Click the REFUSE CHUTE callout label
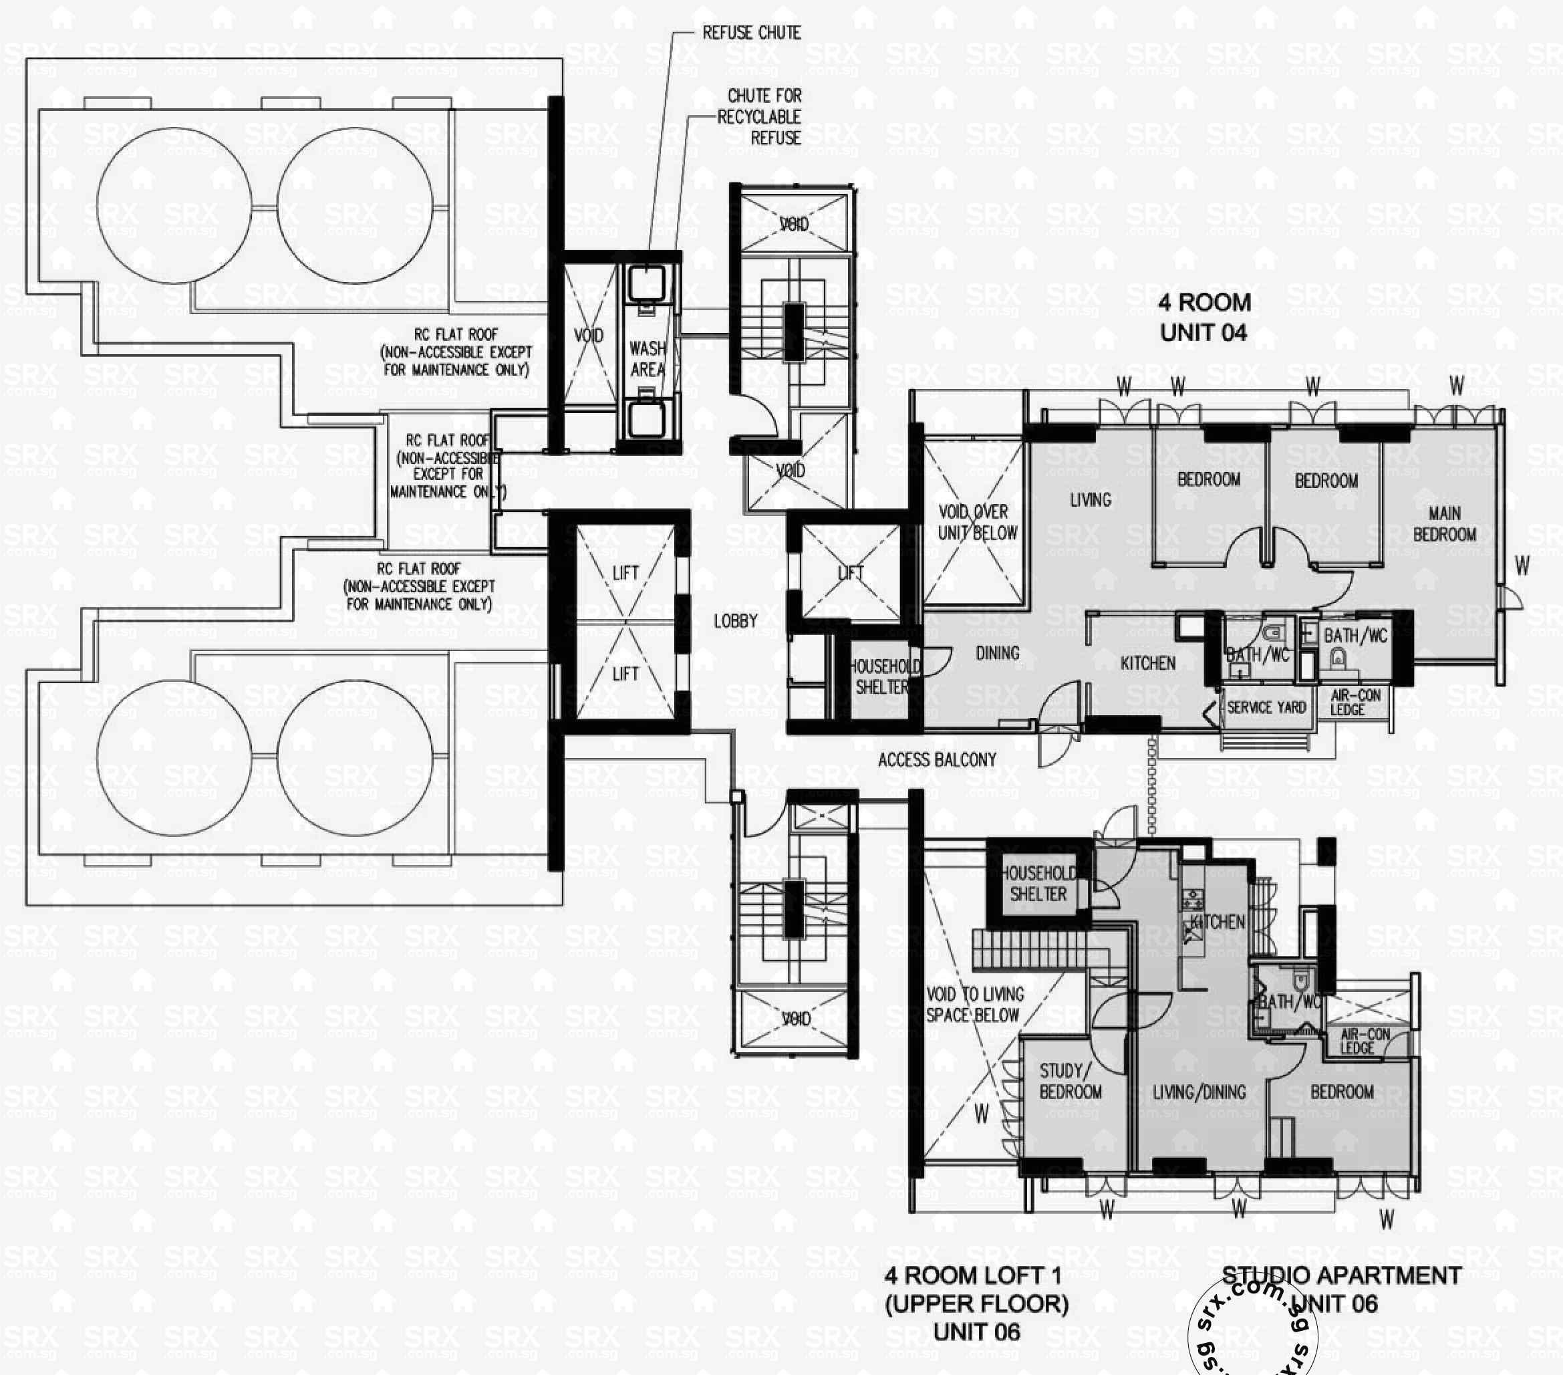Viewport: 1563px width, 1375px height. click(751, 33)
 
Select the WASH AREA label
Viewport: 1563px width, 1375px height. click(647, 360)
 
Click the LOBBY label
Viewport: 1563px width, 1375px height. click(735, 621)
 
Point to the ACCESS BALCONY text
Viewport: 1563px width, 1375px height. click(937, 760)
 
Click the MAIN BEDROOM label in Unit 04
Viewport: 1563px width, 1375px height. click(1443, 525)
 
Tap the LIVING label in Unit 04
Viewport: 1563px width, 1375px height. click(1090, 500)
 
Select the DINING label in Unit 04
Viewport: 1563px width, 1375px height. click(997, 653)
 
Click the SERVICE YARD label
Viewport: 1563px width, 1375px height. click(1266, 707)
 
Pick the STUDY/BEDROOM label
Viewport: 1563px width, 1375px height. click(1070, 1082)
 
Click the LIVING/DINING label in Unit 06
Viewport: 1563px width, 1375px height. click(1199, 1092)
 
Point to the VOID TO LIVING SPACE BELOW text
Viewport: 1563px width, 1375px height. click(974, 1005)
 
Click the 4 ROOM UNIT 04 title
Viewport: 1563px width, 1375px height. click(1204, 318)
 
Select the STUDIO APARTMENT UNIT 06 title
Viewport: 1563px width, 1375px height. click(1340, 1289)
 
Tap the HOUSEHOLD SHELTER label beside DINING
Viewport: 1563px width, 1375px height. click(883, 676)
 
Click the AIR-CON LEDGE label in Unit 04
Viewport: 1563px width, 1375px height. click(1355, 702)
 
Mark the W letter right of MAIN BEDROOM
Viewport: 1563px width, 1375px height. click(1522, 566)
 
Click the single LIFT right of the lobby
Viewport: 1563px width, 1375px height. click(850, 573)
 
